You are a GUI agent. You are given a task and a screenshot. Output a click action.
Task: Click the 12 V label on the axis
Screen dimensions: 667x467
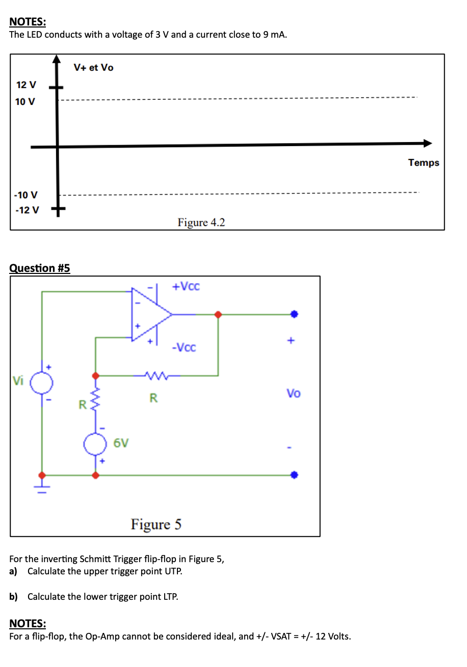click(25, 84)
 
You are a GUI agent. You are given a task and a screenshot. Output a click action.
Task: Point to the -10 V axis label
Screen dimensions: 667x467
click(25, 195)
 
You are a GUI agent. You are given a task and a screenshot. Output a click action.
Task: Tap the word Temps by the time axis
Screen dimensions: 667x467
click(423, 162)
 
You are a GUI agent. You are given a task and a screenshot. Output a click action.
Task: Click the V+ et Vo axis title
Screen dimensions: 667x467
click(93, 67)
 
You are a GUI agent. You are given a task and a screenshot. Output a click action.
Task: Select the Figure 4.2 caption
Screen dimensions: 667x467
click(201, 223)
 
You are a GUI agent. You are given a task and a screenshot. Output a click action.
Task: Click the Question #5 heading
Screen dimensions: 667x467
click(40, 268)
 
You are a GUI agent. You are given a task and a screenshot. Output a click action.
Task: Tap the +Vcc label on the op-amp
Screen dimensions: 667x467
click(186, 286)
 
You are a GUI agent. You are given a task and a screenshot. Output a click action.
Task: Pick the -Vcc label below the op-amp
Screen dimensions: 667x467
click(184, 348)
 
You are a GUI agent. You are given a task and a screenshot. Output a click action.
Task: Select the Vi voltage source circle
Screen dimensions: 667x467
click(42, 381)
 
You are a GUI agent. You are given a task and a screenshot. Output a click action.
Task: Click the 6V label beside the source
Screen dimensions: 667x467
click(121, 443)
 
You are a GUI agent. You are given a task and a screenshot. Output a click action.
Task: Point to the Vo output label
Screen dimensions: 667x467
click(293, 394)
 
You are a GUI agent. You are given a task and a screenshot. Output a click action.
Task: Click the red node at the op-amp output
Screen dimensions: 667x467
click(218, 314)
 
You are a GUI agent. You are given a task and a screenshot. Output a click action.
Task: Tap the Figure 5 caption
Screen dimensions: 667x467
click(156, 524)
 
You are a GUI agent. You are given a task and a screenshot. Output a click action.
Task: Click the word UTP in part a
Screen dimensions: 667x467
click(173, 571)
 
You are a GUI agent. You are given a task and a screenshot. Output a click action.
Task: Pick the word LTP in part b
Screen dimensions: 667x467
click(170, 597)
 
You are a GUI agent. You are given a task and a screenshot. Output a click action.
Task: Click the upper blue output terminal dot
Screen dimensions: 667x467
click(294, 314)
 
